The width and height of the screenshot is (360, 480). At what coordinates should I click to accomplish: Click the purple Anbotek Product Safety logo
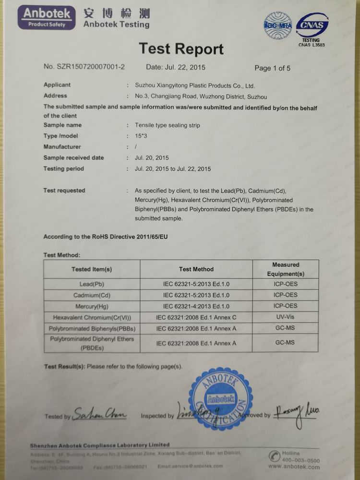tap(47, 17)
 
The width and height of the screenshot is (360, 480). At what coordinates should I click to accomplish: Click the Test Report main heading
tap(181, 49)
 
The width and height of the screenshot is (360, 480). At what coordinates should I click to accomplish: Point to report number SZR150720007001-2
tap(84, 67)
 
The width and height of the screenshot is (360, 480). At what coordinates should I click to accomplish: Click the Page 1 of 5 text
tap(272, 68)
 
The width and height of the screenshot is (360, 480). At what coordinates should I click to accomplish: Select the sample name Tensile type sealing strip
tap(168, 125)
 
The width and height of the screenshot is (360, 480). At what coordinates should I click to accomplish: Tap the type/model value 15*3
tap(142, 136)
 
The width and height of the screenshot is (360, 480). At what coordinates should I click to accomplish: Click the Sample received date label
tap(73, 158)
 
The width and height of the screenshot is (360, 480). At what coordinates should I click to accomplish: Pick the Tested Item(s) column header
tap(92, 269)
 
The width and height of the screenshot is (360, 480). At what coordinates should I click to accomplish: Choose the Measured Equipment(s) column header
tap(286, 269)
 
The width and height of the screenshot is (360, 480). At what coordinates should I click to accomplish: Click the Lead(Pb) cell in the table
tap(92, 284)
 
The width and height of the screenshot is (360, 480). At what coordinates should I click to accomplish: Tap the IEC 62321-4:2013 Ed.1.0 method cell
tap(196, 306)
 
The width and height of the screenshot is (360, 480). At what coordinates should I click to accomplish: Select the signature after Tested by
tap(100, 414)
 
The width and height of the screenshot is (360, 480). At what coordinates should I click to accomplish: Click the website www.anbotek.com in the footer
tap(294, 467)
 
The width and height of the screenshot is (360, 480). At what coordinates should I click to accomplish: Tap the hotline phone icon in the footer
tap(275, 455)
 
